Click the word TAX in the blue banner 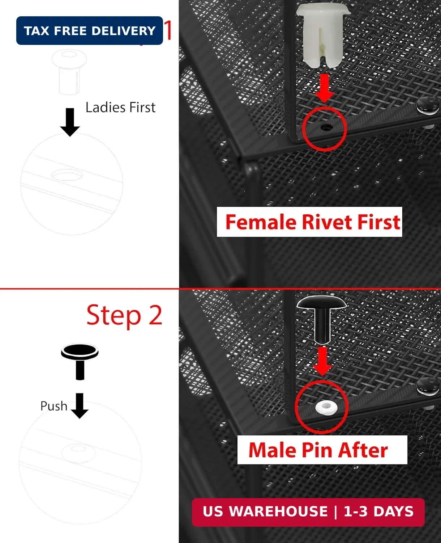37,31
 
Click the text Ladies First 120,107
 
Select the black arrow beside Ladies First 70,122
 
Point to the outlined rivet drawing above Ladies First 69,72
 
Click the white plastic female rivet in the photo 323,36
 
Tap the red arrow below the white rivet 324,88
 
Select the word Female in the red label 261,222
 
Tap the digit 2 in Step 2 155,315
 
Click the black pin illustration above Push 80,362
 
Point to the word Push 54,406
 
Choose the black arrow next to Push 80,405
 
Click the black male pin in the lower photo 322,320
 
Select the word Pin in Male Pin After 318,450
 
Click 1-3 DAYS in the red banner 379,511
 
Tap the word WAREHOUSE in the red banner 278,511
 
